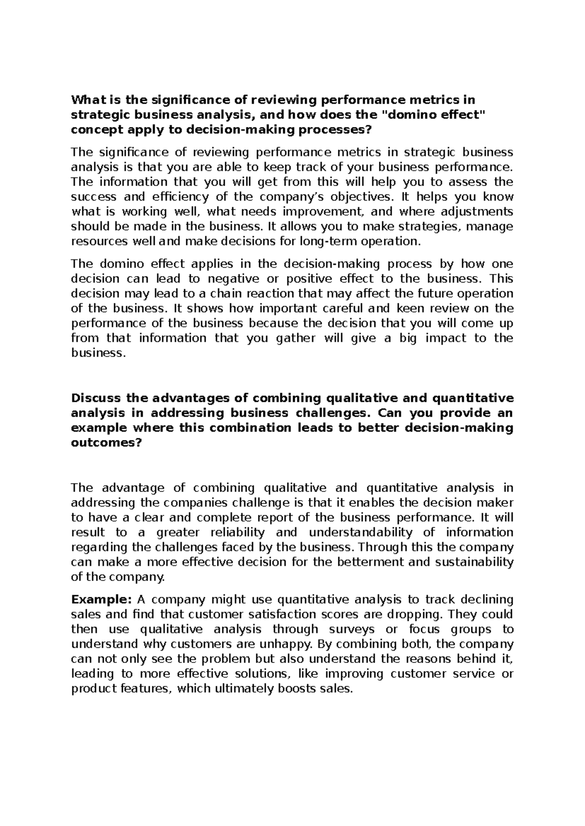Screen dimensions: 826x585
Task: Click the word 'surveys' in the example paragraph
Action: tap(358, 629)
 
